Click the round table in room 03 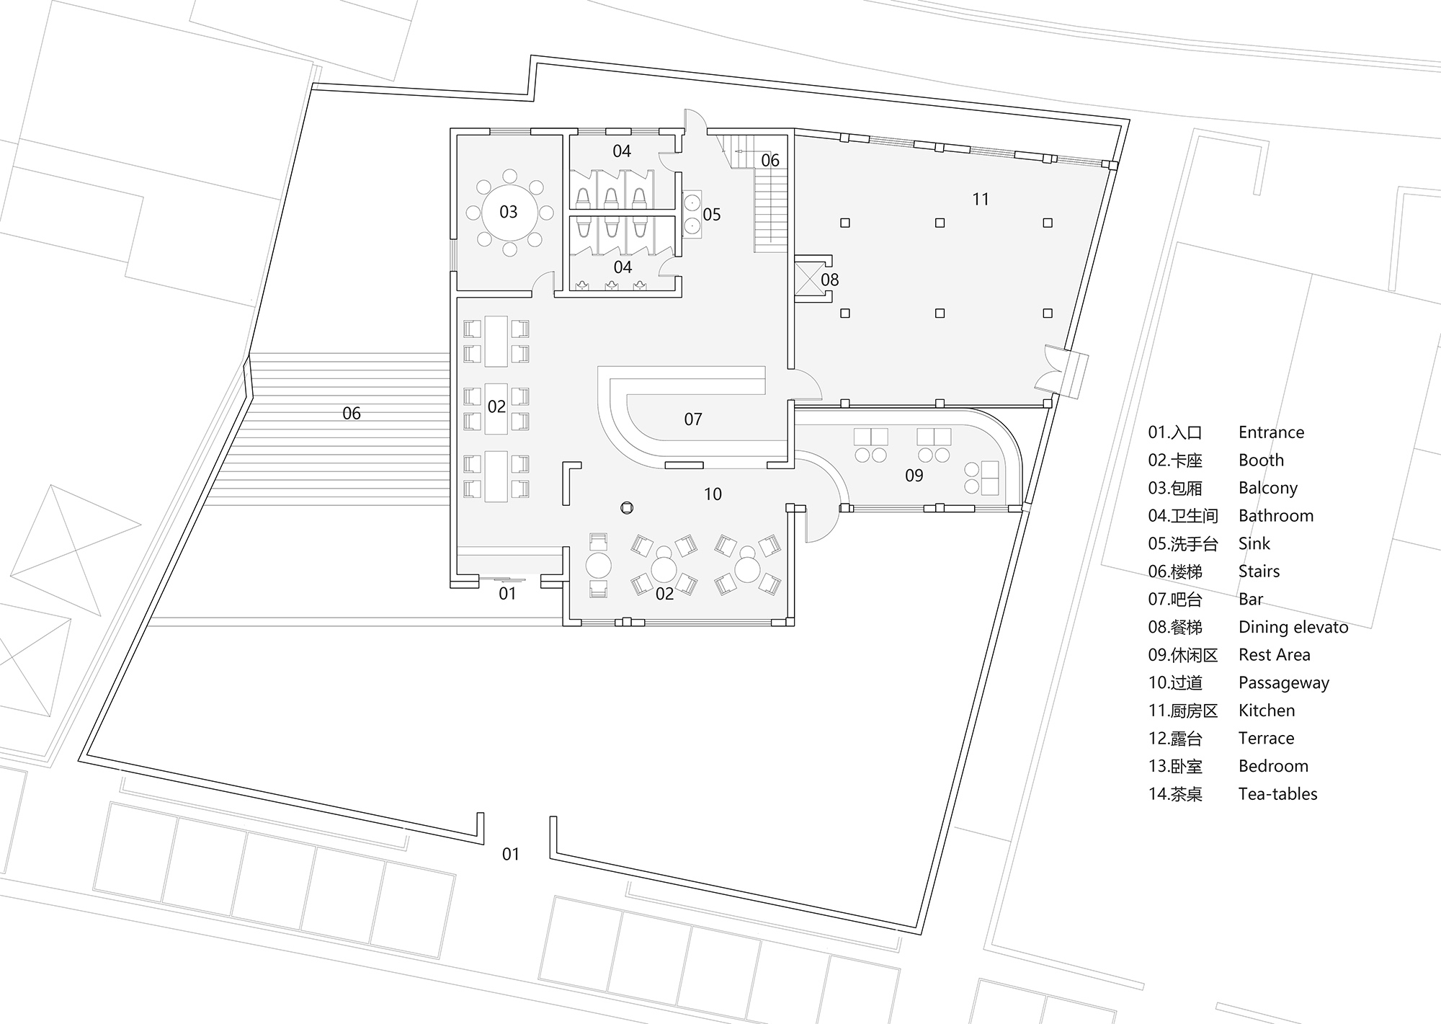pos(509,212)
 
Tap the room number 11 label pos(981,200)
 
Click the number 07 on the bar pos(693,419)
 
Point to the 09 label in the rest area pos(914,476)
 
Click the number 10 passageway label pos(713,494)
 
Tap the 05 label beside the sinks pos(712,215)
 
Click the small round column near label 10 pos(627,508)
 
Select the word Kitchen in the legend pos(1267,711)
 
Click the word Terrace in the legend pos(1266,739)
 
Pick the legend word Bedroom pos(1273,766)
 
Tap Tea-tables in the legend pos(1277,794)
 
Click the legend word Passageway pos(1283,682)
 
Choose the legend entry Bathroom pos(1275,516)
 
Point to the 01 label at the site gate pos(510,855)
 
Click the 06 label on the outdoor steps pos(352,414)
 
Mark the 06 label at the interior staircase pos(770,161)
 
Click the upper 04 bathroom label pos(622,151)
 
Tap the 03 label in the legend pos(1175,489)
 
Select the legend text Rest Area pos(1274,655)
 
